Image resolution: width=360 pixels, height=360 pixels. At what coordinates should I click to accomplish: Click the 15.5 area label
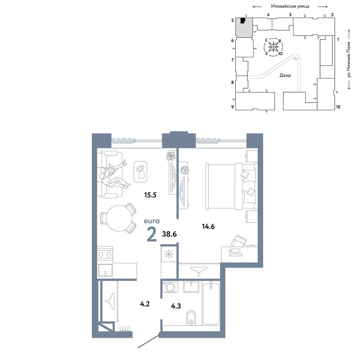point(150,195)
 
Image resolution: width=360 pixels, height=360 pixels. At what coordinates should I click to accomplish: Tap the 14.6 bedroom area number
point(208,226)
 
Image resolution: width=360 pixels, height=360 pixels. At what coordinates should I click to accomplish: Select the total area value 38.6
point(169,234)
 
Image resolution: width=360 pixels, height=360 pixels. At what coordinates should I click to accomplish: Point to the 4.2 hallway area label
point(145,304)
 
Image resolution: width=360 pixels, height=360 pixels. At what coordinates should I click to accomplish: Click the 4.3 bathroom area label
point(176,306)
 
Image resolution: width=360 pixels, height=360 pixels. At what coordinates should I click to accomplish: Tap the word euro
point(152,221)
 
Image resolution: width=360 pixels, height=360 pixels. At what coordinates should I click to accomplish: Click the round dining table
point(119,218)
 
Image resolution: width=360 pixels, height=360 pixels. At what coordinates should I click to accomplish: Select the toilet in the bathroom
point(191,318)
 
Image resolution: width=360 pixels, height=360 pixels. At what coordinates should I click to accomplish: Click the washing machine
point(170,287)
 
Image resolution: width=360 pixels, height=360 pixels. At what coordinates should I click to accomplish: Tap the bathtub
point(211,303)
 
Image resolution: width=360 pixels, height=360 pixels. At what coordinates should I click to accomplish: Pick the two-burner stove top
point(105,254)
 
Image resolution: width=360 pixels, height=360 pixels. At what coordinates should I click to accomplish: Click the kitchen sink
point(105,270)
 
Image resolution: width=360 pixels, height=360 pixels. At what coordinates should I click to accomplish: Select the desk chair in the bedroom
point(239,241)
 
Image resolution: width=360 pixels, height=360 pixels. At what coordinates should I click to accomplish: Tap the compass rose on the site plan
point(274,47)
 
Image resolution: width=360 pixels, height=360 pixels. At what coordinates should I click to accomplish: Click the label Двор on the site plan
point(285,75)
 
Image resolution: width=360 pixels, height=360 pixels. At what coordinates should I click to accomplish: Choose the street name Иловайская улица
point(290,6)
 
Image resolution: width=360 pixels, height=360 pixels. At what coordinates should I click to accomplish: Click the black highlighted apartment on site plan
point(242,21)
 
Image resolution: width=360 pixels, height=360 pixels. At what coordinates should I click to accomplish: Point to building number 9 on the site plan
point(233,107)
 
